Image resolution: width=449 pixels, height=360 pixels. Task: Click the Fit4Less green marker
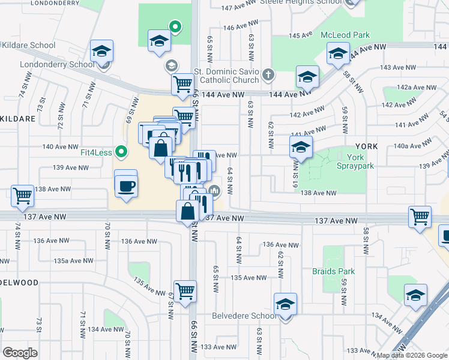(121, 151)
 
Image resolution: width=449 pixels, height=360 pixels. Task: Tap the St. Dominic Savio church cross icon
(268, 75)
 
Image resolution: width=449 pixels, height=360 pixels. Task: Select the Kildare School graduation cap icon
(101, 51)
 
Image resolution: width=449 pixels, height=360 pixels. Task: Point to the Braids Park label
(333, 271)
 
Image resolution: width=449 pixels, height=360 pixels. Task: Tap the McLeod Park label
(345, 35)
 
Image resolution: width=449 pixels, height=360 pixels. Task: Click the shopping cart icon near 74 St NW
(22, 195)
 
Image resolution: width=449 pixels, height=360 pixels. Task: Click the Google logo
(20, 353)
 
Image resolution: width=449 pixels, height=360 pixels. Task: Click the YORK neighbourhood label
(366, 146)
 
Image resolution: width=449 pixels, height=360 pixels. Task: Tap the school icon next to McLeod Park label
(339, 54)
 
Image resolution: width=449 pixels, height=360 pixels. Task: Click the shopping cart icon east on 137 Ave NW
(420, 217)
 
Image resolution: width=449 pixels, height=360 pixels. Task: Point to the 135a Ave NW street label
(73, 260)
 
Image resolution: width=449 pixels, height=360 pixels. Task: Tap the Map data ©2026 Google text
(412, 355)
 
